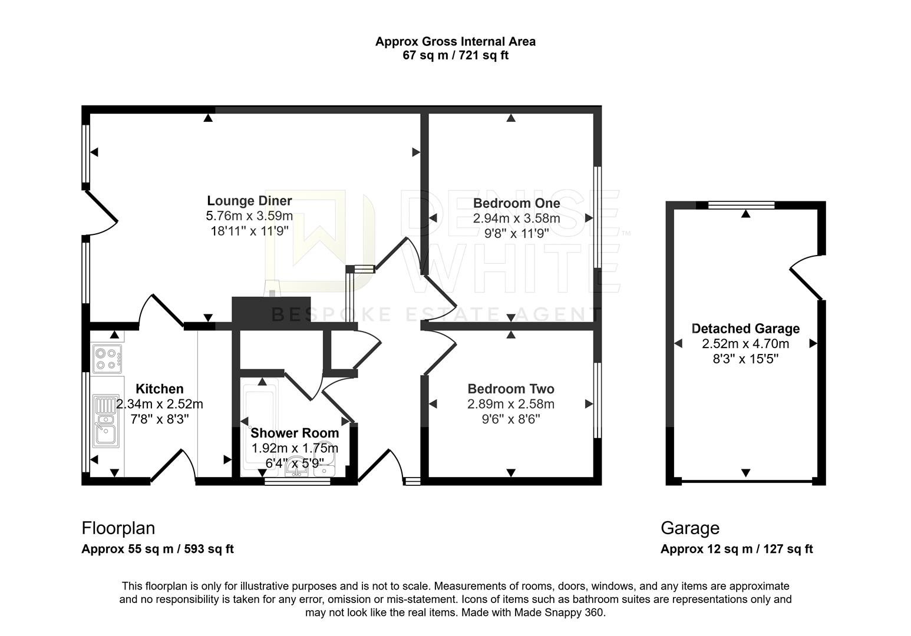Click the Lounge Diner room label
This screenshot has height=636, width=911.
coord(249,201)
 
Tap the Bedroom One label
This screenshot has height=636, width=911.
coord(517,203)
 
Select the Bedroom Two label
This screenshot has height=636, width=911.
coord(511,389)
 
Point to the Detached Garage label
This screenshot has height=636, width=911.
coord(745,329)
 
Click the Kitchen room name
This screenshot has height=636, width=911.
coord(160,389)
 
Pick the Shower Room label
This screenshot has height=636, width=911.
coord(295,433)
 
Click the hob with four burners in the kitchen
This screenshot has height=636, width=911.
coord(107,359)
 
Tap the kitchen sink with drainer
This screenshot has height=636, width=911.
coord(106,421)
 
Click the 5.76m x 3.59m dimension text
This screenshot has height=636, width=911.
coord(249,216)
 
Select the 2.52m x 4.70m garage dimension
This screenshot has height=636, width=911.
coord(745,344)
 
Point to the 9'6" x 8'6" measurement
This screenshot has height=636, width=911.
coord(511,419)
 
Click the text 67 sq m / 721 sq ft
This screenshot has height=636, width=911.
coord(455,55)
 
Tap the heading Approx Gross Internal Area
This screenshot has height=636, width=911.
coord(455,41)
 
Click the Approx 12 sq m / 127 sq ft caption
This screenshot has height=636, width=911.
coord(737,549)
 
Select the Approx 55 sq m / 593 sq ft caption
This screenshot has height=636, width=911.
coord(158,549)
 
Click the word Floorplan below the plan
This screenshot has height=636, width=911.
coord(118,528)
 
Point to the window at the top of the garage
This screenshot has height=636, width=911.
coord(741,205)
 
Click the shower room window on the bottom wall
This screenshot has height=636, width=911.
coord(298,482)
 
